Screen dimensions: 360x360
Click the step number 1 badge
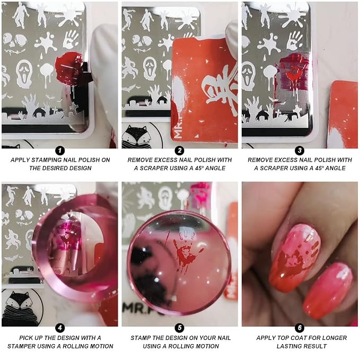(x=60, y=151)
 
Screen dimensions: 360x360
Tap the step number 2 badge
(x=180, y=151)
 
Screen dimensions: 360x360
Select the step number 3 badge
(x=300, y=151)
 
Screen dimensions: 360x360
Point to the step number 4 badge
(x=60, y=328)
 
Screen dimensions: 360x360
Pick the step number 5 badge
(x=180, y=328)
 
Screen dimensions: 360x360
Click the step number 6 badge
(x=300, y=328)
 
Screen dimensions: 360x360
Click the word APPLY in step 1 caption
(x=20, y=160)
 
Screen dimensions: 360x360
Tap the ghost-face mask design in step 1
(x=24, y=74)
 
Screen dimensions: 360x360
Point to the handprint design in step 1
(x=71, y=39)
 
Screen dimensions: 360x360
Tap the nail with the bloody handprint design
(x=295, y=257)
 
